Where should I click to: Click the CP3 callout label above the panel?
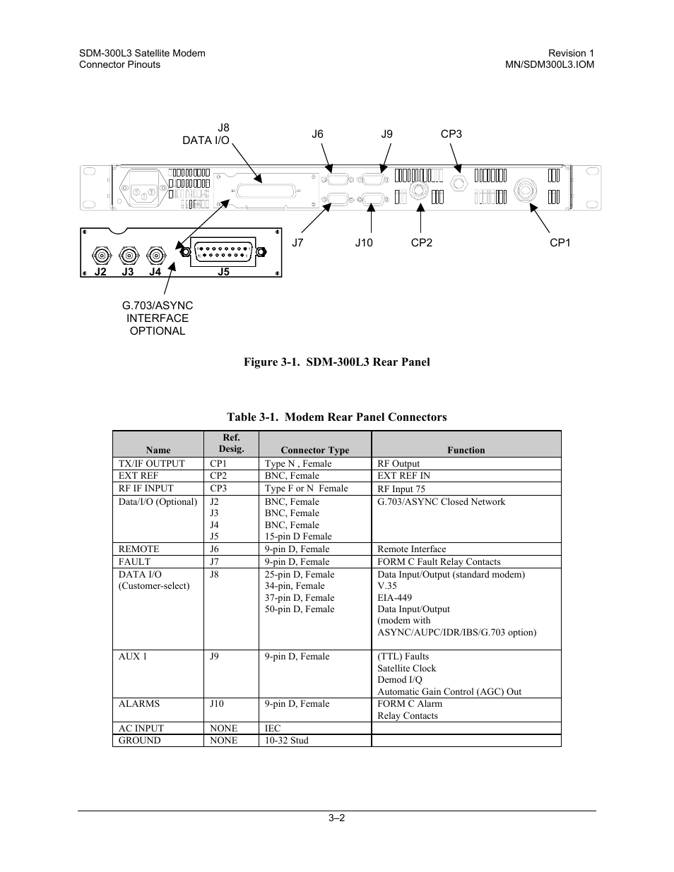pyautogui.click(x=451, y=134)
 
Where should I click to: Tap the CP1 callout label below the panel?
pyautogui.click(x=560, y=243)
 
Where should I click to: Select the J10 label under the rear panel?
pyautogui.click(x=364, y=243)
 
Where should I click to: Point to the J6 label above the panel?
pyautogui.click(x=317, y=134)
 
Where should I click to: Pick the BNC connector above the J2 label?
pyautogui.click(x=102, y=254)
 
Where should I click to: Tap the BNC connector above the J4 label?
pyautogui.click(x=155, y=254)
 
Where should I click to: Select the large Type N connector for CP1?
pyautogui.click(x=526, y=189)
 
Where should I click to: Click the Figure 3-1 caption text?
pyautogui.click(x=336, y=362)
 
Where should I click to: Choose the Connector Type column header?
pyautogui.click(x=314, y=450)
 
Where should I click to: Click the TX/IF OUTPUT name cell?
pyautogui.click(x=151, y=464)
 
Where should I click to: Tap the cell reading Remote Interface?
pyautogui.click(x=411, y=549)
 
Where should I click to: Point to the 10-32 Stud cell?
pyautogui.click(x=286, y=741)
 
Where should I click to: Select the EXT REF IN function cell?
pyautogui.click(x=403, y=476)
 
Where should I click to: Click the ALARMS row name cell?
pyautogui.click(x=138, y=704)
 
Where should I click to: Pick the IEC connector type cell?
pyautogui.click(x=273, y=729)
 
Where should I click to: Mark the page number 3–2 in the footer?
pyautogui.click(x=336, y=819)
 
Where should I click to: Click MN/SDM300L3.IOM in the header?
pyautogui.click(x=545, y=64)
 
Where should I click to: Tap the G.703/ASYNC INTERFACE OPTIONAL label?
pyautogui.click(x=157, y=318)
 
